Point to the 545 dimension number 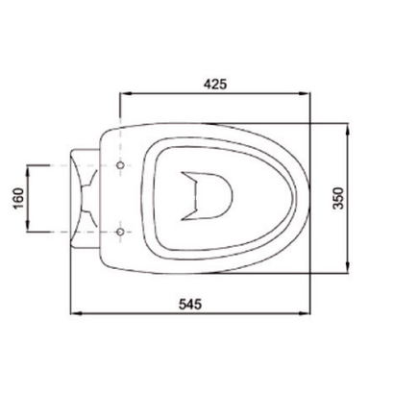point(189,305)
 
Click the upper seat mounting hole point(120,165)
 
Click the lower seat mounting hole point(120,232)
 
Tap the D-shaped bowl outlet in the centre point(216,196)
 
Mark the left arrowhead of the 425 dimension point(121,96)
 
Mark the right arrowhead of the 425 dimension point(310,96)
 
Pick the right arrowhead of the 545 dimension point(310,314)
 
